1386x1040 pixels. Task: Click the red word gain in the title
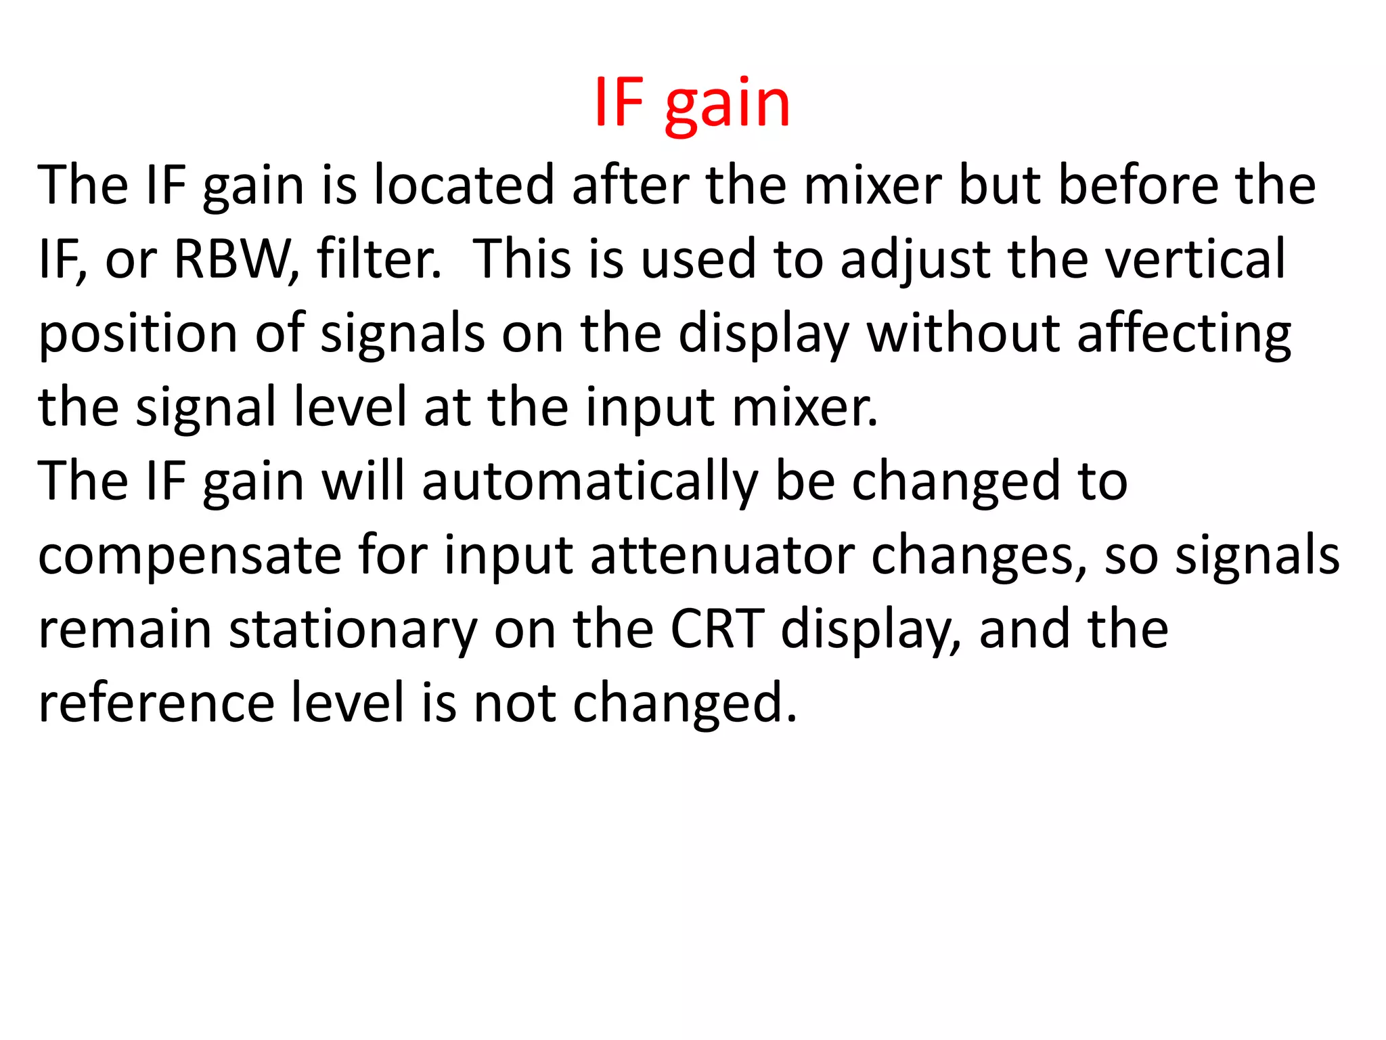(x=728, y=105)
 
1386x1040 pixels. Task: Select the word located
(x=464, y=185)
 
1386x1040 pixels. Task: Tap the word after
(x=630, y=185)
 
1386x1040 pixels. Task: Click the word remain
(x=125, y=629)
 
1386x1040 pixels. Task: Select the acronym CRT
(x=717, y=629)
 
